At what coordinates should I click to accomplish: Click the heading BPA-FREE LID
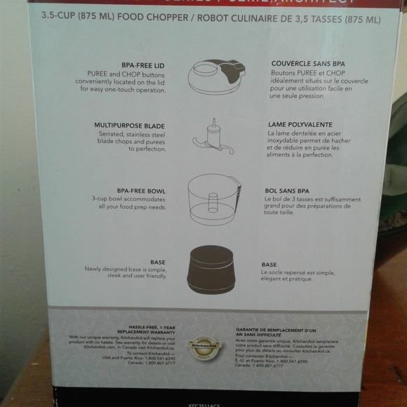click(x=144, y=64)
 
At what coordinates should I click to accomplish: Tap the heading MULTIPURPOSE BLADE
click(x=130, y=125)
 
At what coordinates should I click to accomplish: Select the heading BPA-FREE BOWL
click(x=141, y=190)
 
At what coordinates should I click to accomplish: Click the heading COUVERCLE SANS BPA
click(x=308, y=63)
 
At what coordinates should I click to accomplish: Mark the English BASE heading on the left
click(x=158, y=262)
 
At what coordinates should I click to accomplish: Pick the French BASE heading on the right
click(x=269, y=265)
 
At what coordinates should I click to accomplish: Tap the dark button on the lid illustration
click(x=228, y=69)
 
